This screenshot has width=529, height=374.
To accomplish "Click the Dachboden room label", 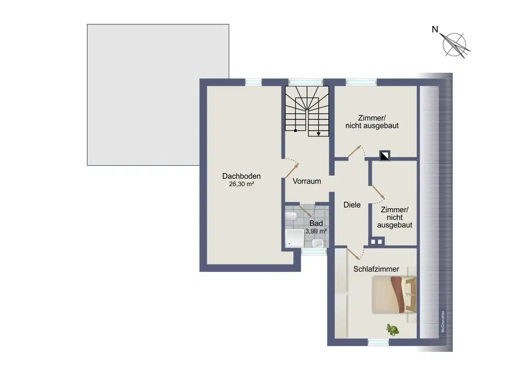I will pos(241,176).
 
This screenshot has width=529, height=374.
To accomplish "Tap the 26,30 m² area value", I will pos(241,184).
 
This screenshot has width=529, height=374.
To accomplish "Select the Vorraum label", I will pos(307,181).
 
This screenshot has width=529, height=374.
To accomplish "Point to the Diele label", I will pos(352,205).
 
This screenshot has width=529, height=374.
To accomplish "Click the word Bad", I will pos(316,223).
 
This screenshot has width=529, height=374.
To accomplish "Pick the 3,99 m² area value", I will pos(316,231).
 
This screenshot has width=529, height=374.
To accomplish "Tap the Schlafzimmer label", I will pos(376,269).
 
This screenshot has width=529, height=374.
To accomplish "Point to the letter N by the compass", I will pos(435,30).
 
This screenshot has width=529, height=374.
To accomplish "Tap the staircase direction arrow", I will pos(319,133).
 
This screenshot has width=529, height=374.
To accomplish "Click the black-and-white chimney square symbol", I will pos(385,154).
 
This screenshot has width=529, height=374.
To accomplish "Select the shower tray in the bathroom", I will pos(295,238).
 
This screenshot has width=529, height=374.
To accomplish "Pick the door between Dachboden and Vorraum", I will pos(292,171).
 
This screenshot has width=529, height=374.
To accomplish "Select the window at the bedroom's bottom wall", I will pos(379,342).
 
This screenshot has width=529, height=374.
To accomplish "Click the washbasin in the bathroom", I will pos(320,243).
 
